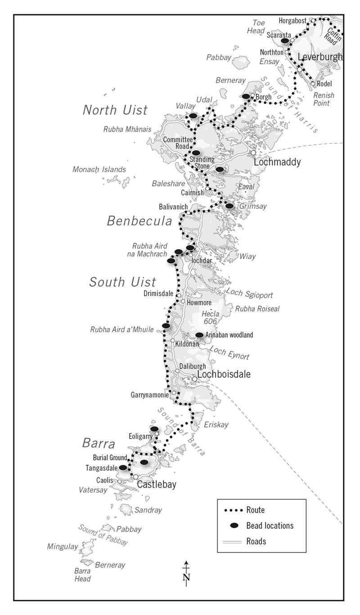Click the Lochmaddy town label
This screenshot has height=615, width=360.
[x=277, y=162]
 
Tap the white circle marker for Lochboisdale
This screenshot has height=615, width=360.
[x=194, y=379]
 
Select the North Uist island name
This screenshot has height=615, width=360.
[x=115, y=110]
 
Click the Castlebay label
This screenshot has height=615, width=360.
[x=156, y=485]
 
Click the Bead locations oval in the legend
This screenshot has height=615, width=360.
[x=234, y=525]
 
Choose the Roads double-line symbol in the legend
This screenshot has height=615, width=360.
[x=234, y=541]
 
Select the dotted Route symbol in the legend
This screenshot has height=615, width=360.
[x=234, y=510]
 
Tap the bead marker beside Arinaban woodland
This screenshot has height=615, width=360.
[x=199, y=335]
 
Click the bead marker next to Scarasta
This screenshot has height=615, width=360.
[x=285, y=41]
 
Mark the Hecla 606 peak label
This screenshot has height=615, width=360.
[x=211, y=318]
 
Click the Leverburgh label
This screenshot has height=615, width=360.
[x=320, y=57]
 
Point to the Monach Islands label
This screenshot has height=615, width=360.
[x=99, y=169]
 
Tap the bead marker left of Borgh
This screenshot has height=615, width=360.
[x=246, y=96]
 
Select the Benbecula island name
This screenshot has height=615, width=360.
[x=139, y=221]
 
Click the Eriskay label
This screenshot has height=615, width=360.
[x=216, y=425]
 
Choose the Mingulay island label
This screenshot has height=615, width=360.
[x=63, y=547]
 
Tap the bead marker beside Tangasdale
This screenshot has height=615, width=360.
[x=122, y=467]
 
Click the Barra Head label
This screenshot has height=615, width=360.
[x=82, y=575]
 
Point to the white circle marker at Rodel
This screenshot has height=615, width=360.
[x=313, y=84]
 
